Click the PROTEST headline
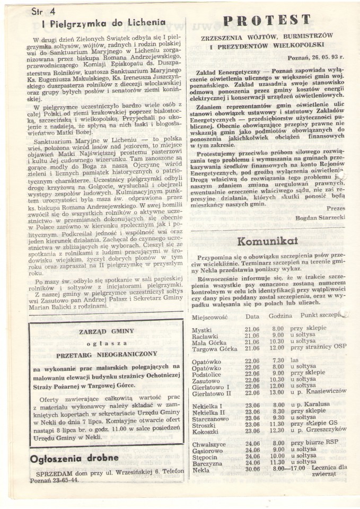tap(267, 20)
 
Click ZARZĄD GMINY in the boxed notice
tap(106, 331)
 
